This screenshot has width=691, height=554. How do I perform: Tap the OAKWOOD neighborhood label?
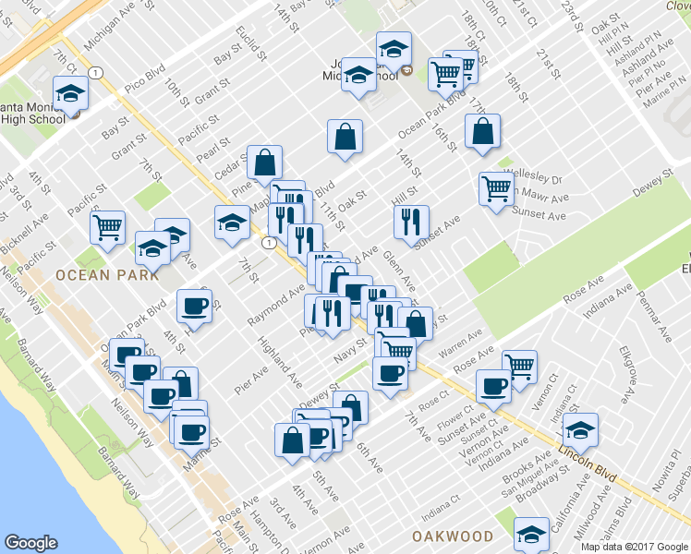click(x=453, y=536)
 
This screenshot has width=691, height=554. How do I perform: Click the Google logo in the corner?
click(x=30, y=544)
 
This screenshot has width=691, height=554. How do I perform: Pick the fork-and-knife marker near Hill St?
click(x=411, y=221)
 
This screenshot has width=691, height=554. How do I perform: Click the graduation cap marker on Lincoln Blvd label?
click(x=580, y=429)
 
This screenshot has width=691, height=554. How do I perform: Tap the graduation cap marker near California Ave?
click(x=531, y=534)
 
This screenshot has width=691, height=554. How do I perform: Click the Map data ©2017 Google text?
click(x=634, y=547)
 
